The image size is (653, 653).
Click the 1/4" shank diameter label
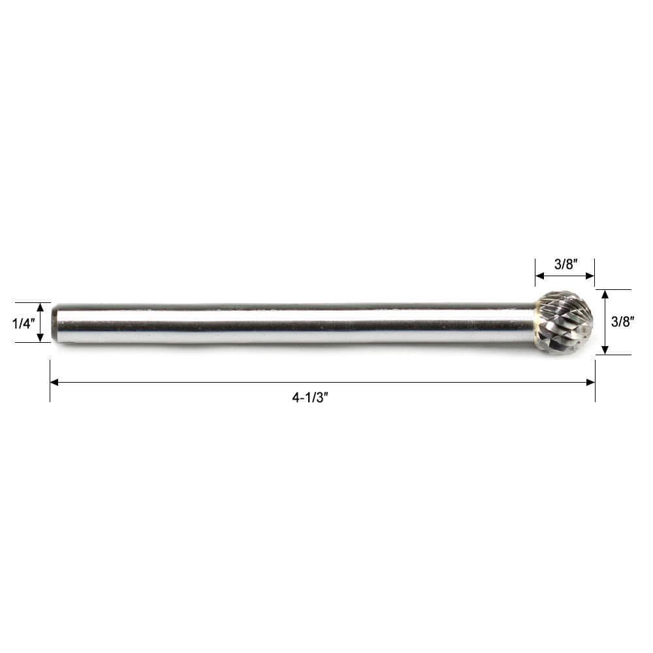(x=23, y=323)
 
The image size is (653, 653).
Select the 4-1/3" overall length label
(x=310, y=398)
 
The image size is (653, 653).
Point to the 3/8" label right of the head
(x=622, y=321)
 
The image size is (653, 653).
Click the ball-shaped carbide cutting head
(x=564, y=323)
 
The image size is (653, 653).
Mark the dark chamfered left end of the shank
(x=55, y=323)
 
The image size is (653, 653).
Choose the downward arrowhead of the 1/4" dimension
(x=40, y=338)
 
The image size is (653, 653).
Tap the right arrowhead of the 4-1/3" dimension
(x=590, y=382)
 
